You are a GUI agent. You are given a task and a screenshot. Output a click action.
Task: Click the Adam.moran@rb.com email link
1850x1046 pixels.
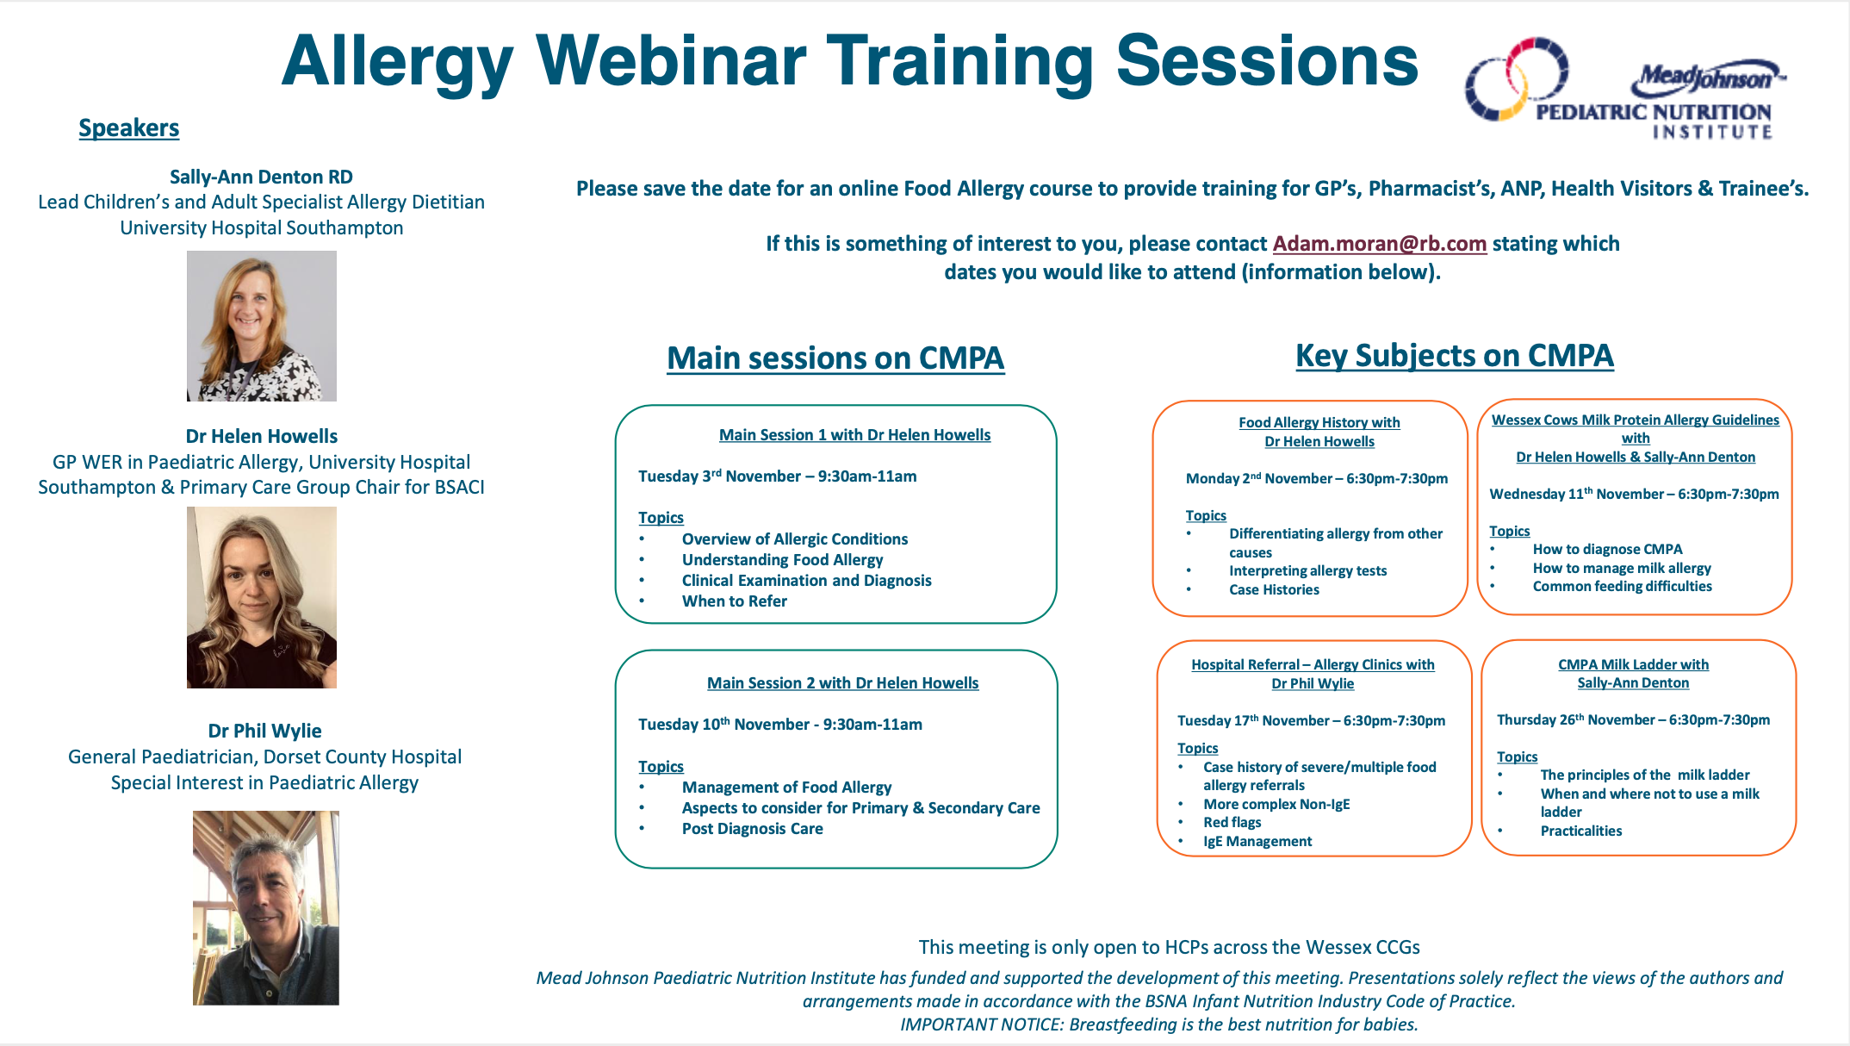click(1379, 244)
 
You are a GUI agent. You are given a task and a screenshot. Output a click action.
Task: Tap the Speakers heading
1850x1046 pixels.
click(129, 128)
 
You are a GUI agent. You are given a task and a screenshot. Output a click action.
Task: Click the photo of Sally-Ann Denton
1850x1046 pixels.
click(261, 326)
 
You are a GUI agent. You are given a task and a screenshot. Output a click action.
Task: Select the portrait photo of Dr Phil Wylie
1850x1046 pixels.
click(265, 907)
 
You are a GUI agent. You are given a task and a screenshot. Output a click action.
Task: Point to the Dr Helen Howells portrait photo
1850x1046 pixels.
click(261, 597)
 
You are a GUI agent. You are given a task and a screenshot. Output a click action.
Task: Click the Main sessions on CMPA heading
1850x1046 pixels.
click(835, 358)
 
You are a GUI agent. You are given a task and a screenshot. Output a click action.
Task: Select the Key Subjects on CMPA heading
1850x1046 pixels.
click(1454, 355)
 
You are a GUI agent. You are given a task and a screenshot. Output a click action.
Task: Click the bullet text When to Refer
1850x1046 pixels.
click(734, 601)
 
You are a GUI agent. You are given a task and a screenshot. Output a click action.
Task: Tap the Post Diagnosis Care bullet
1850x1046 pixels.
click(752, 829)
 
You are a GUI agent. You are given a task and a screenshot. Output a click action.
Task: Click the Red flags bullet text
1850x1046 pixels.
click(1232, 822)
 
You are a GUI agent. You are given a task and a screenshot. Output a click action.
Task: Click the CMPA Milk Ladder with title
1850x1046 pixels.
click(1633, 664)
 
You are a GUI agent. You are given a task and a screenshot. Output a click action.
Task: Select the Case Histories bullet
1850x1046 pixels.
click(1274, 589)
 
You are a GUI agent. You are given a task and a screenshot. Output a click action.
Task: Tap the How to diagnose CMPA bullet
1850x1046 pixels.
click(1607, 549)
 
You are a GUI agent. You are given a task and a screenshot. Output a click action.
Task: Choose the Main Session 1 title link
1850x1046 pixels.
click(854, 435)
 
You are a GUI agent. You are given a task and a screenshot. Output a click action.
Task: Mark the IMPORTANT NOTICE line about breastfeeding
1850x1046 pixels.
click(1158, 1024)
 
